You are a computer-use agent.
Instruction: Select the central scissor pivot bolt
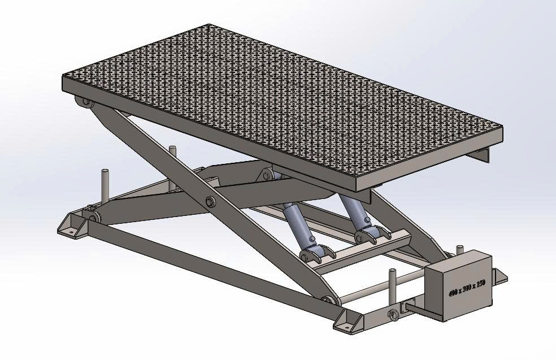tap(210, 202)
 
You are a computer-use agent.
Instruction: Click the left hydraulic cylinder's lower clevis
tap(313, 254)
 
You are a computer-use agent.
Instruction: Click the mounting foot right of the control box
tap(499, 276)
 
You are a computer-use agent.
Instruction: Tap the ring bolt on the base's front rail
tap(392, 314)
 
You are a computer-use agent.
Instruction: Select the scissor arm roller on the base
tap(327, 300)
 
